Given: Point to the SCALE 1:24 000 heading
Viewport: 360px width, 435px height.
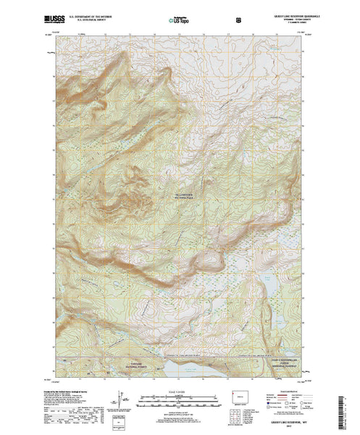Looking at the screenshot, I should coord(179,391).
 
